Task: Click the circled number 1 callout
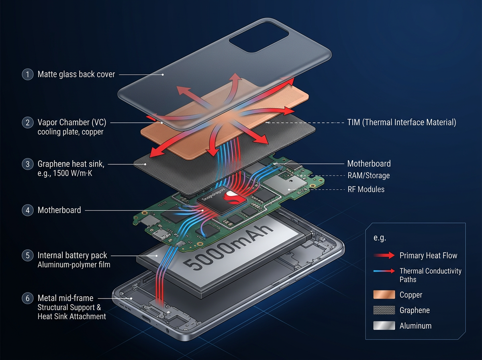(28, 74)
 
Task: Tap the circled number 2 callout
(28, 123)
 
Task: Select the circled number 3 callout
(28, 164)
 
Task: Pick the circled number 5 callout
(28, 256)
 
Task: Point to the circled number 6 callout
(28, 299)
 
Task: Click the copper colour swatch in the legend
(384, 295)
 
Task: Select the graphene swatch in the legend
(384, 310)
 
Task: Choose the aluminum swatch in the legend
(384, 326)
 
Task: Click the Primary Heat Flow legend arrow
(384, 256)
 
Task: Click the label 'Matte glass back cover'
(76, 74)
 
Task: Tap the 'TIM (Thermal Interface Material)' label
(401, 123)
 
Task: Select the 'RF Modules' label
(366, 189)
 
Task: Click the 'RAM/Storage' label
(368, 176)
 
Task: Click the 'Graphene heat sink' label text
(71, 164)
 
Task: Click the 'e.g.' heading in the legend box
(380, 238)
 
